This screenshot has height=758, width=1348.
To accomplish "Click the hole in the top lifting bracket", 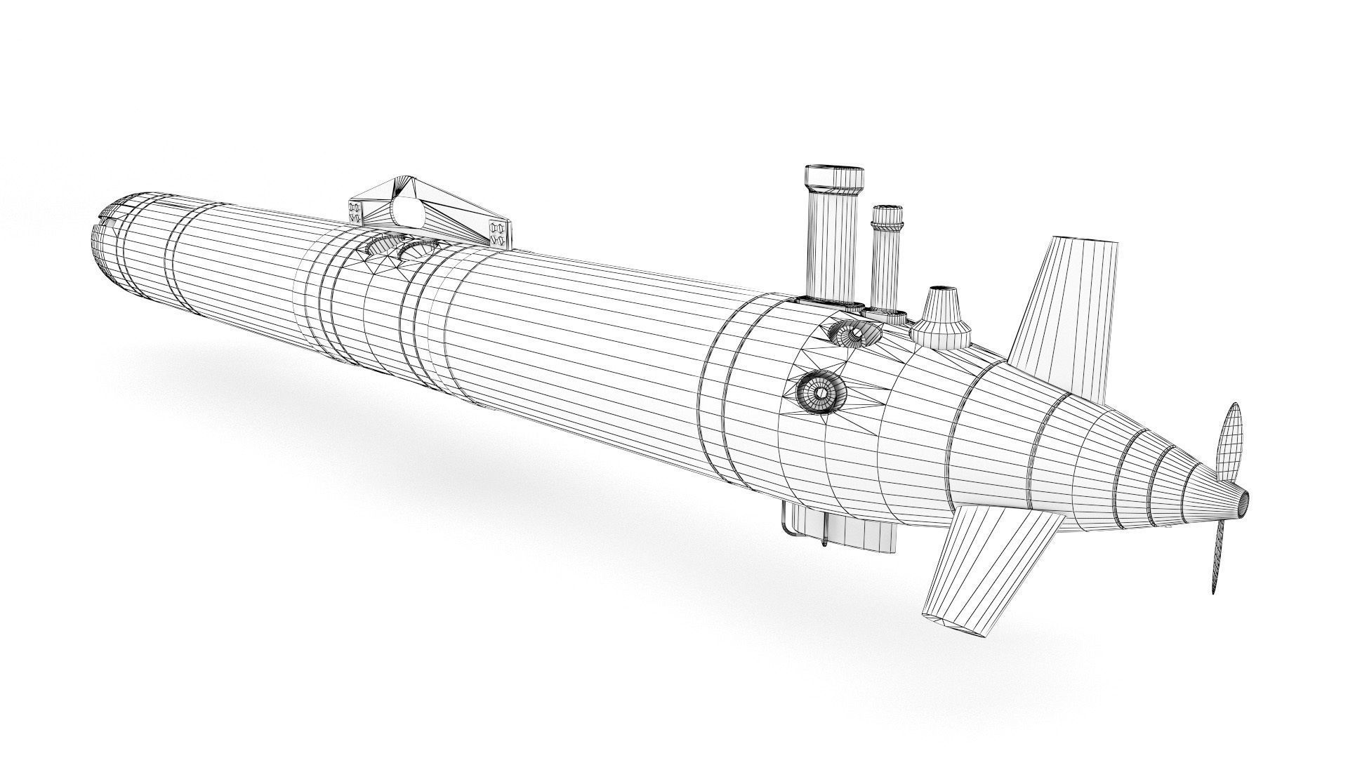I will coord(407,211).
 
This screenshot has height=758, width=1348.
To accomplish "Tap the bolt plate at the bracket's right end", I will coord(500,234).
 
